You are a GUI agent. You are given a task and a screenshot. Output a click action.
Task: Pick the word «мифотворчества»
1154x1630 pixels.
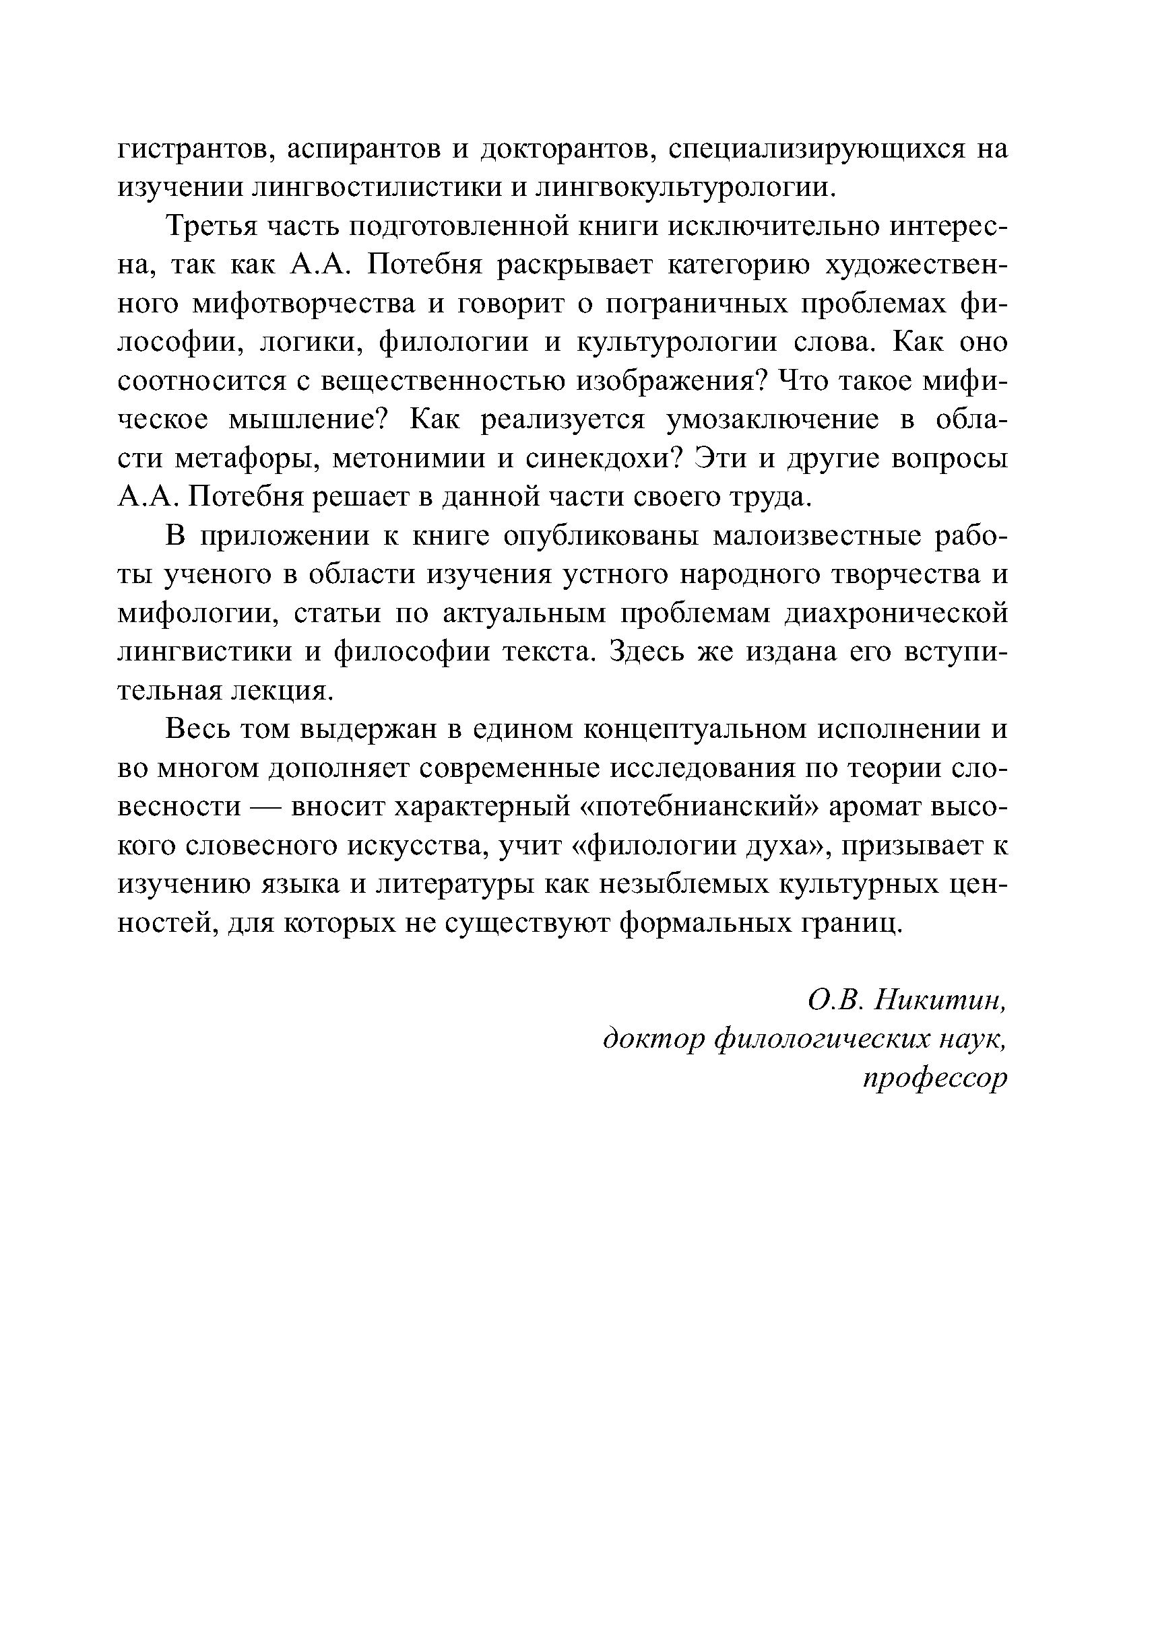click(x=304, y=303)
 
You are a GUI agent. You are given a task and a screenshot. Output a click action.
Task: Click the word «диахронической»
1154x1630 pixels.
click(x=896, y=613)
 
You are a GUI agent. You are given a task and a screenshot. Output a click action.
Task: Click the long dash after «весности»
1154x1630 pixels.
click(x=267, y=807)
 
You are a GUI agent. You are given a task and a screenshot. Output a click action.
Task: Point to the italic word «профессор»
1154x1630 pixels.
click(x=935, y=1079)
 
